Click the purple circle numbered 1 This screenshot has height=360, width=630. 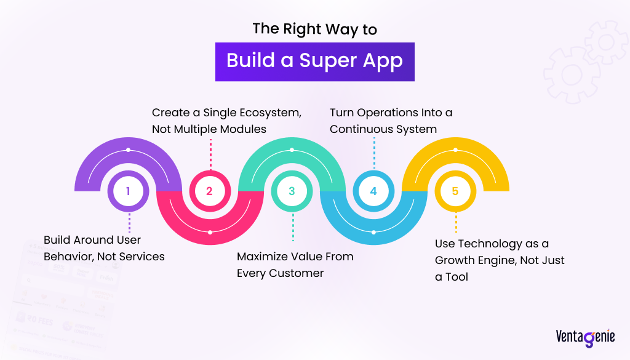pyautogui.click(x=128, y=191)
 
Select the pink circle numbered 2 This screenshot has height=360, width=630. pyautogui.click(x=210, y=191)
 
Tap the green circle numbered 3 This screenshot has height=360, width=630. pyautogui.click(x=292, y=191)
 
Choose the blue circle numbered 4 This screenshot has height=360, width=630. pyautogui.click(x=373, y=191)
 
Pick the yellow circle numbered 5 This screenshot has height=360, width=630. pyautogui.click(x=455, y=191)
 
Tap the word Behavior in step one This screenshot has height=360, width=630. pyautogui.click(x=69, y=256)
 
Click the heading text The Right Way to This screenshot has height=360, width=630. pyautogui.click(x=314, y=29)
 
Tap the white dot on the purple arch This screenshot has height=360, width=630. pyautogui.click(x=128, y=150)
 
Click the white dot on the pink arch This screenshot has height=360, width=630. pyautogui.click(x=210, y=232)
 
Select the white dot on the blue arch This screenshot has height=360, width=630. pyautogui.click(x=373, y=232)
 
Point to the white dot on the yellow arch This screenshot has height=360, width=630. pyautogui.click(x=455, y=150)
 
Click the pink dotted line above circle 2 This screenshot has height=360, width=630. pyautogui.click(x=210, y=153)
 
